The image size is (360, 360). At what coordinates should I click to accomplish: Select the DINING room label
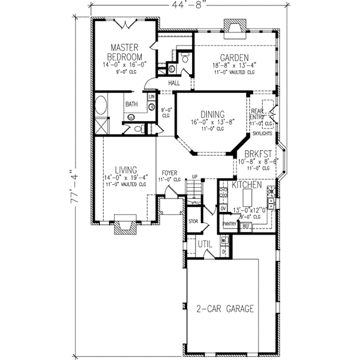click(x=212, y=115)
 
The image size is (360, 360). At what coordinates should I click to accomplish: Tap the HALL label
click(x=175, y=83)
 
